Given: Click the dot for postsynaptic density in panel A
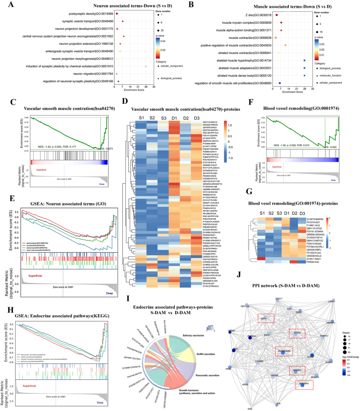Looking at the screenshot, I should coord(117,14).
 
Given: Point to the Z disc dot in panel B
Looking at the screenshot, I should coord(277,15).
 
